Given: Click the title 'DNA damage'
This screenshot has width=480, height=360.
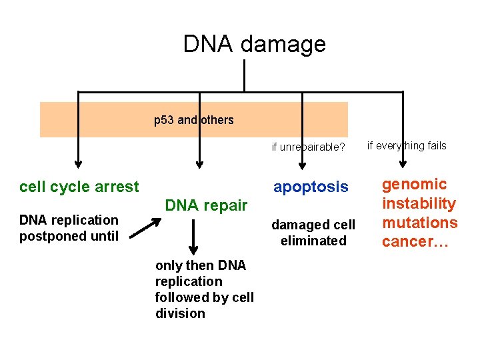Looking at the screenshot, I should (255, 44).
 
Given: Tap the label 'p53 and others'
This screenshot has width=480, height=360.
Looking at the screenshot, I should (194, 120).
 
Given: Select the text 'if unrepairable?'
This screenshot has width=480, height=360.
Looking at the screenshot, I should (308, 147).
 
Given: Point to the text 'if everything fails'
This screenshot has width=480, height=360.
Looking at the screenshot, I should (407, 146).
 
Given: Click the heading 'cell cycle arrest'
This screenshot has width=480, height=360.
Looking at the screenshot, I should (79, 187).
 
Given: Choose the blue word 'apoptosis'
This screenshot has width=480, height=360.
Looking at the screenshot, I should (311, 187).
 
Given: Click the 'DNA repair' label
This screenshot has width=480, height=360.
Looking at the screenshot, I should (206, 206).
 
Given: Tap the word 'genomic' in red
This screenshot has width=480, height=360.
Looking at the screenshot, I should (414, 185).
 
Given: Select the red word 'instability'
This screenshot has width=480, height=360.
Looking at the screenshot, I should (419, 203).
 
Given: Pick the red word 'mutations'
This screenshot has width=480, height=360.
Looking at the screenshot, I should (419, 222).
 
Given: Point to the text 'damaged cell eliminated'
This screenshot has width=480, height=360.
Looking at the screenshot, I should (313, 233).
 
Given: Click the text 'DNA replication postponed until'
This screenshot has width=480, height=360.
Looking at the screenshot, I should (69, 228).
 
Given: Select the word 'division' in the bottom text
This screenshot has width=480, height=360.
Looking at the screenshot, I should (180, 313).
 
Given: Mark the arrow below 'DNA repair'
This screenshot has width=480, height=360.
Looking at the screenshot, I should (193, 237).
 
